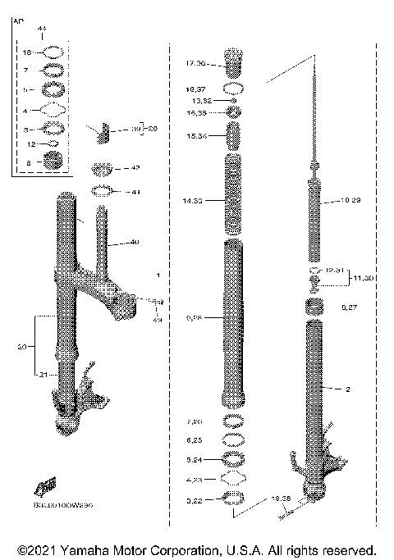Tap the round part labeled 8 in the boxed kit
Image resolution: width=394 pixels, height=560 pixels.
tap(54, 163)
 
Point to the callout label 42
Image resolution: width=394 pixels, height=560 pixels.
tap(135, 168)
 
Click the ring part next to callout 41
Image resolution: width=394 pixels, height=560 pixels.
tap(103, 192)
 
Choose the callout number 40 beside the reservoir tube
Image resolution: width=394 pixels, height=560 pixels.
tap(135, 243)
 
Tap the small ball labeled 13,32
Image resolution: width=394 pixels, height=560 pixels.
tap(233, 100)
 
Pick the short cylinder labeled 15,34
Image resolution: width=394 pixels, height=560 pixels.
tap(233, 134)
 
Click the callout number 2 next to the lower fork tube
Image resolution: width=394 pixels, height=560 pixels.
tap(348, 389)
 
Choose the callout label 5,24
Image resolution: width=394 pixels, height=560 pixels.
tap(198, 459)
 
